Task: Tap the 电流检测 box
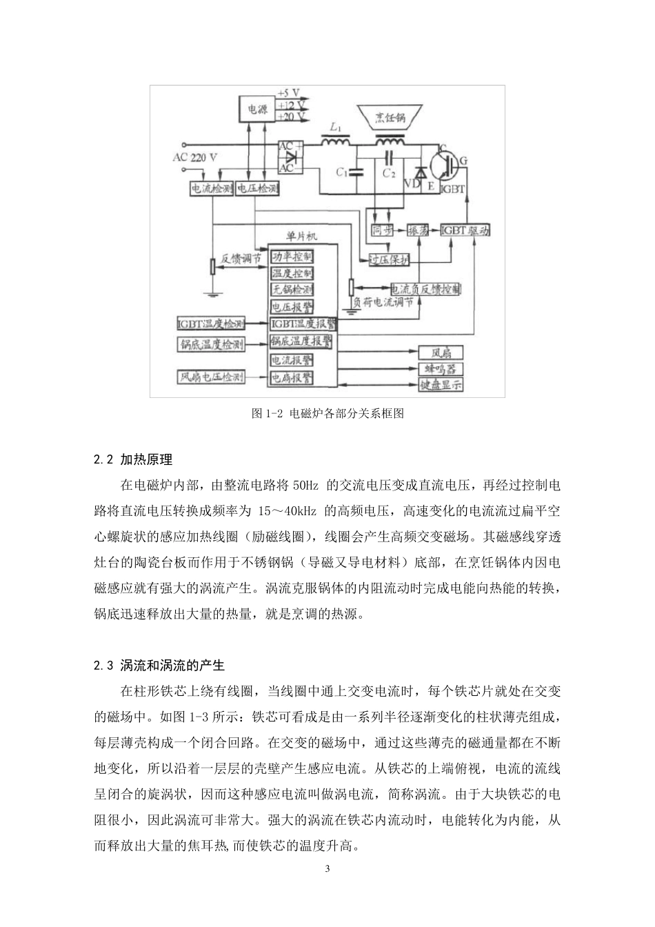tap(212, 188)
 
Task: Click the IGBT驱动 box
tap(465, 231)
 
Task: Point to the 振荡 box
tap(419, 231)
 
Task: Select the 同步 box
tap(382, 231)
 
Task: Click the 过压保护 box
tap(390, 260)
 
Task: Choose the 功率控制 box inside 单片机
tap(292, 257)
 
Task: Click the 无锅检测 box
tap(292, 290)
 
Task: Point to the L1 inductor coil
tap(335, 142)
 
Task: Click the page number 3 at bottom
tap(327, 868)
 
